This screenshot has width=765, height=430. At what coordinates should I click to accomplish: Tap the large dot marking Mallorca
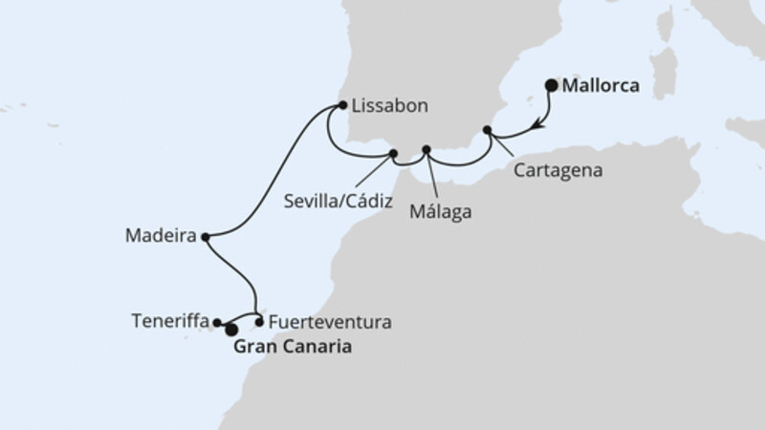[x=552, y=85]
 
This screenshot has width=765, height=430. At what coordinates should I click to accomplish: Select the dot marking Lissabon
[x=342, y=106]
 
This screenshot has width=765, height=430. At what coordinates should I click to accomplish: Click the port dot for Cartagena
[x=487, y=130]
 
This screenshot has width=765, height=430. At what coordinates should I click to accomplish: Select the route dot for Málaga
[x=426, y=149]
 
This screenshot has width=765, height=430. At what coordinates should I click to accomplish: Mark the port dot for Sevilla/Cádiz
[x=393, y=153]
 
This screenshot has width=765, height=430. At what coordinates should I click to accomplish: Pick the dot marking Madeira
[x=206, y=235]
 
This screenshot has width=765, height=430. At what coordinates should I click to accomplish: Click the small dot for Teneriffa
[x=217, y=323]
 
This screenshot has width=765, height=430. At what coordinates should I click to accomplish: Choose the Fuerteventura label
[x=330, y=322]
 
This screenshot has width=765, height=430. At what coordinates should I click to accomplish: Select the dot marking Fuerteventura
[x=260, y=322]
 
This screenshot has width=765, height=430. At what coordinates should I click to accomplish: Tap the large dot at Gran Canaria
[x=230, y=330]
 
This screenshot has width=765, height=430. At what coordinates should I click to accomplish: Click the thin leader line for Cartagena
[x=506, y=150]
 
